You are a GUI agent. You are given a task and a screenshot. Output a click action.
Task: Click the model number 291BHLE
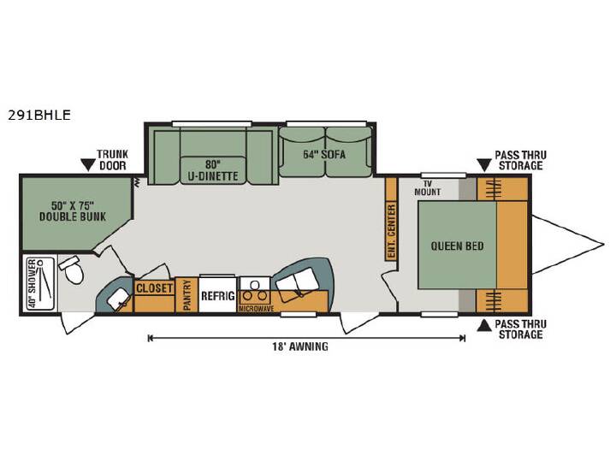[38, 115]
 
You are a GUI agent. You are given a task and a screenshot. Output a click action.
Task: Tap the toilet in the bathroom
[72, 269]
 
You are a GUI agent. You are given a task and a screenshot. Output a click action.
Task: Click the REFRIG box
[218, 295]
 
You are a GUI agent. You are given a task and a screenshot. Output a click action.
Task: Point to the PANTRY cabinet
[187, 294]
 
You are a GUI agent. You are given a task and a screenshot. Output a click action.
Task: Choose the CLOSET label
[154, 288]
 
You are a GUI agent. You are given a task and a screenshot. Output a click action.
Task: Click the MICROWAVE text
[256, 309]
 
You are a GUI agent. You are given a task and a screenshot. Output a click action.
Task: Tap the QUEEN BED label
[457, 246]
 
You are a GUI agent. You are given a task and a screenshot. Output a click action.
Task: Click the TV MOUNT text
[428, 188]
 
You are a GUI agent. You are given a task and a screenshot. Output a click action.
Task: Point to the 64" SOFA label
[324, 154]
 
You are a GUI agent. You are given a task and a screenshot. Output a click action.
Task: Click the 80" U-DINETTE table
[212, 170]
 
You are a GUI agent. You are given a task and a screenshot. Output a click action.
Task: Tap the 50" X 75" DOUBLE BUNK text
[73, 211]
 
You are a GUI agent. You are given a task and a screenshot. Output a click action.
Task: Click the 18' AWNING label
[300, 346]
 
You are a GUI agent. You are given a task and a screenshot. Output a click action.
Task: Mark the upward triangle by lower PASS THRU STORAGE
[484, 325]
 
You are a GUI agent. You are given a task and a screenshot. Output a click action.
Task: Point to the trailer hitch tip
[604, 245]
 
